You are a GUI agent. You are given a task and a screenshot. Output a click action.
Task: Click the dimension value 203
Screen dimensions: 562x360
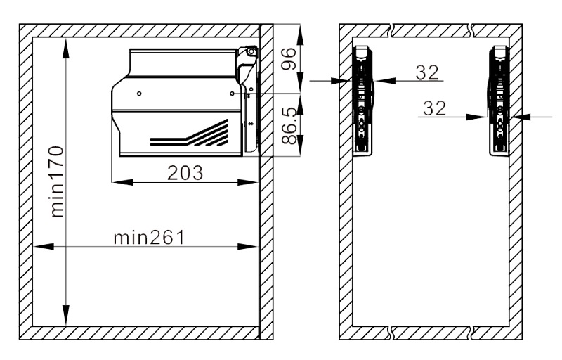(185, 172)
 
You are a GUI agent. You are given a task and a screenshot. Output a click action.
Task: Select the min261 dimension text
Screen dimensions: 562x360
(149, 238)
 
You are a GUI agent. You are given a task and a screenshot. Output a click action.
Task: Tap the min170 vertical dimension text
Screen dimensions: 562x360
(58, 181)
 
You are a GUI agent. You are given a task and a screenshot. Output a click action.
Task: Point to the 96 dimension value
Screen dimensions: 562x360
(288, 59)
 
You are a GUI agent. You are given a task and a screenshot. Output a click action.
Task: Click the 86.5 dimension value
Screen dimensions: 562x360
(289, 125)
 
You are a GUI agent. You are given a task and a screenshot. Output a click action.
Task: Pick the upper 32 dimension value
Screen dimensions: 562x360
(427, 72)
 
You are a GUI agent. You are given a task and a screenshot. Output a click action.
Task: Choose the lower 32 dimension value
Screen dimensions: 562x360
(434, 108)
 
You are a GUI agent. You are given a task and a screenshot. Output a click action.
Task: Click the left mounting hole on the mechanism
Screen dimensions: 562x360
(139, 94)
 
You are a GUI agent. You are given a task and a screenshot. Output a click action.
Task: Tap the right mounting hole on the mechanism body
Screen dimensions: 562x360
(233, 94)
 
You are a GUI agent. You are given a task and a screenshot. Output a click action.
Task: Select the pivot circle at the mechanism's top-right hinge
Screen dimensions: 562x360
(251, 51)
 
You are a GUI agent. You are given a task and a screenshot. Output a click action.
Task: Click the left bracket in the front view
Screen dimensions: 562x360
(363, 101)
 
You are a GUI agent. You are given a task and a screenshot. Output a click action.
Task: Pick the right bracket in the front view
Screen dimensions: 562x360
(499, 101)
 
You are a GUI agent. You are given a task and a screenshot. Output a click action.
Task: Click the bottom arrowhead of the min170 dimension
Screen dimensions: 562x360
(65, 315)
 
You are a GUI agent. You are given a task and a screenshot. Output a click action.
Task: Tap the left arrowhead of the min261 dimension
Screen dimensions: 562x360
(44, 246)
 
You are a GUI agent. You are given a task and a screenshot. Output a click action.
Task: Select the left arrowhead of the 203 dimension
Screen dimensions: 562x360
(122, 182)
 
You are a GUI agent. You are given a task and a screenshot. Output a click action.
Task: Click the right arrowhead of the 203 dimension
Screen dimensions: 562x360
(248, 182)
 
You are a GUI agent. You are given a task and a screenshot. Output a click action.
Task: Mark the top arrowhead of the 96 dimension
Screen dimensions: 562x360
(301, 34)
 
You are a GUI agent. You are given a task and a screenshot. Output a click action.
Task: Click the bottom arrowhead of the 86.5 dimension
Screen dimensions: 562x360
(301, 146)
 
